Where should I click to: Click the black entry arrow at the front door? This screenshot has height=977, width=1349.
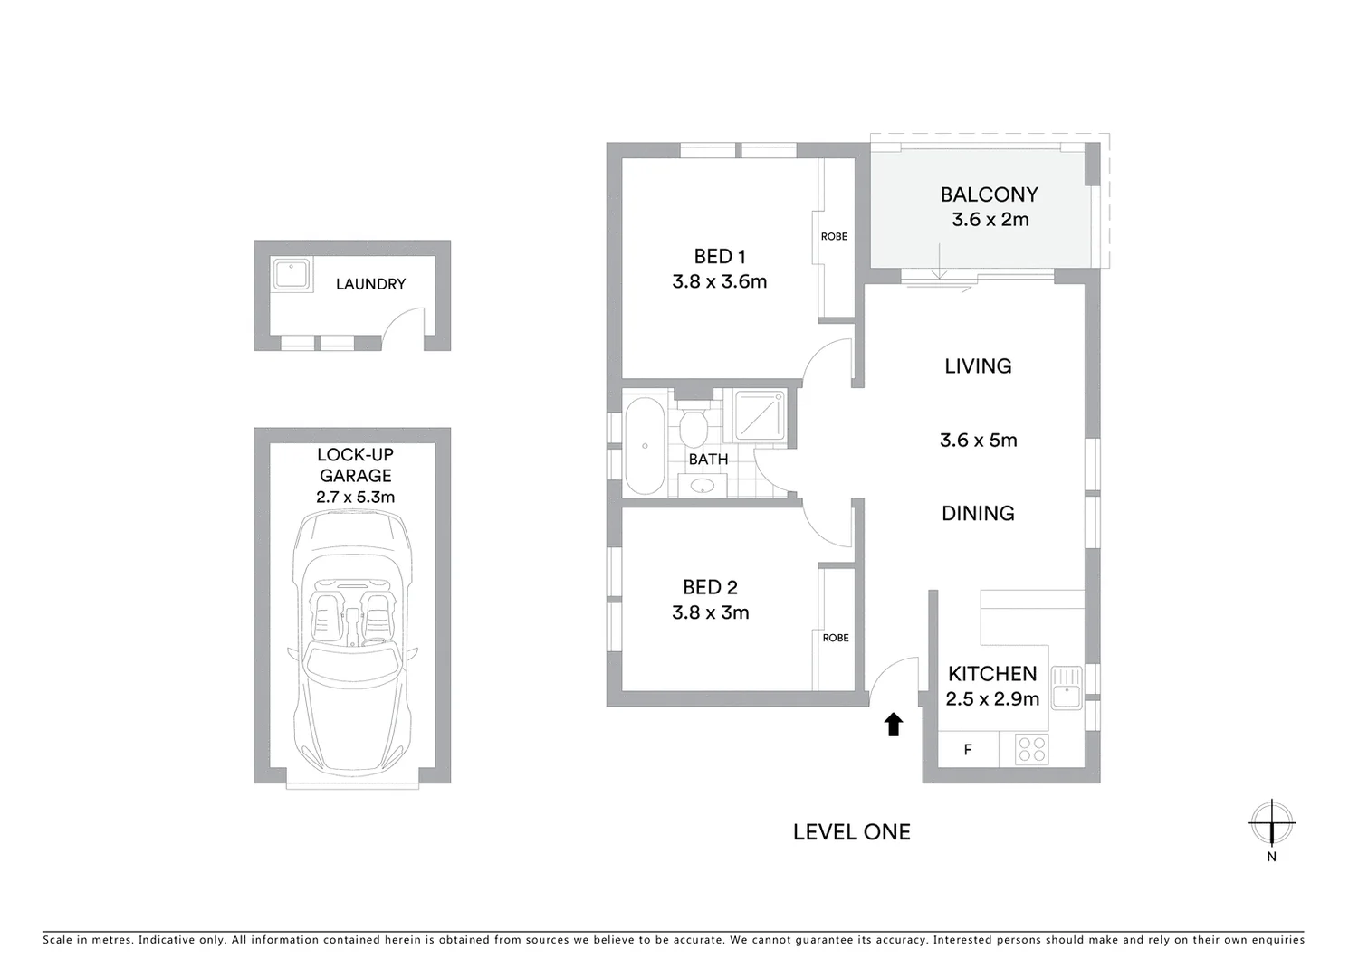click(894, 724)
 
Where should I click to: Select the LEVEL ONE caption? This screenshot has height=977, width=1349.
click(851, 832)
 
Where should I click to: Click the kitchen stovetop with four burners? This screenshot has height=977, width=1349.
click(1031, 749)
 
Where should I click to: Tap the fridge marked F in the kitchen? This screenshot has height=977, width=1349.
click(968, 750)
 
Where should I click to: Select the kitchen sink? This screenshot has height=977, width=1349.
click(1069, 687)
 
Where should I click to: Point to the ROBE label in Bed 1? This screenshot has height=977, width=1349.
click(834, 236)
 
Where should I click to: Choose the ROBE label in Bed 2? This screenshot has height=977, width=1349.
click(836, 638)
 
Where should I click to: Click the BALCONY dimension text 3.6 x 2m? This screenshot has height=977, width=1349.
click(990, 220)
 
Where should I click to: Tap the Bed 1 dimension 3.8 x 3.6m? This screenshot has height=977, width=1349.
click(719, 281)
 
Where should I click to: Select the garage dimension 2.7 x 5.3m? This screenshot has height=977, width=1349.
click(355, 497)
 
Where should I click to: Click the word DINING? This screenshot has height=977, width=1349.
click(978, 513)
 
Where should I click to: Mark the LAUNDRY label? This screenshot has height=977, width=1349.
click(370, 284)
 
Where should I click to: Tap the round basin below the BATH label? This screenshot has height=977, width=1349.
click(702, 487)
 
